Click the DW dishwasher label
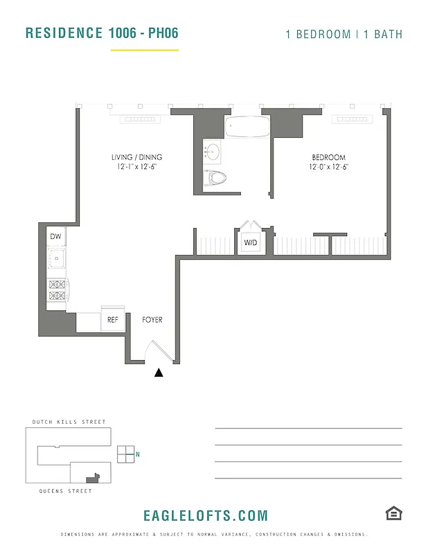[56, 237]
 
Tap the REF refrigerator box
[112, 320]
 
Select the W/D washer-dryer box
[250, 243]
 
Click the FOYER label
[152, 320]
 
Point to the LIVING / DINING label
[136, 157]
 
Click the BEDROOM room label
[328, 157]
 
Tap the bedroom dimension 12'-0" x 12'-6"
[328, 167]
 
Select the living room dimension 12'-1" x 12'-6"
[136, 167]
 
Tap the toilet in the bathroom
[217, 177]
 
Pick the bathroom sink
[212, 150]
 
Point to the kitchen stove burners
[56, 289]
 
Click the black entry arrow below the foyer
[159, 373]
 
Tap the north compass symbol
[127, 454]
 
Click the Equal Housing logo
[394, 513]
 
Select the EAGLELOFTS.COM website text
[206, 515]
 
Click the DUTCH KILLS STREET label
[69, 422]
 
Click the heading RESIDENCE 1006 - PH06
[101, 33]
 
